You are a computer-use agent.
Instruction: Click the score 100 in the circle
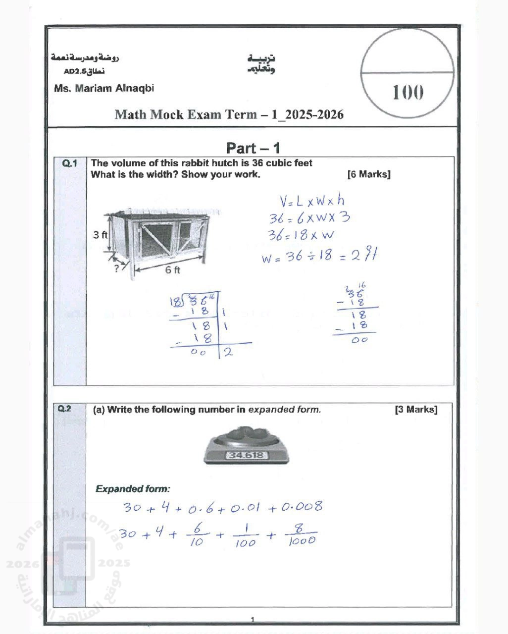(407, 92)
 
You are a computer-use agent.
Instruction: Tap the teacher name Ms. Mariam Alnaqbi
(104, 89)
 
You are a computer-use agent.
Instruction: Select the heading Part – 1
(253, 148)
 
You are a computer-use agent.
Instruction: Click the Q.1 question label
(70, 163)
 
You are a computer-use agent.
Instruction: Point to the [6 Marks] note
(369, 174)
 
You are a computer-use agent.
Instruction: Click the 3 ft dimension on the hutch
(100, 235)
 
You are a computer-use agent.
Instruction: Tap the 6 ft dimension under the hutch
(173, 270)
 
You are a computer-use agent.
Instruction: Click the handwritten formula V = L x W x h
(312, 201)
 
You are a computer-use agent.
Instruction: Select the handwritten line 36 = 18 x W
(301, 235)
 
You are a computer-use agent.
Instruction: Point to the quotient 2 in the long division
(228, 352)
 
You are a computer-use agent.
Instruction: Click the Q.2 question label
(65, 409)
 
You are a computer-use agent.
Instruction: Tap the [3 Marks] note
(416, 410)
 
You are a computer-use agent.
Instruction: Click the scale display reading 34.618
(246, 455)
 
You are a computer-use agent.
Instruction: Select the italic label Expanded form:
(133, 489)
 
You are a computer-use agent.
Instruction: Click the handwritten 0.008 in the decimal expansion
(302, 507)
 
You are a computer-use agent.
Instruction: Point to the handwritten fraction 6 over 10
(197, 535)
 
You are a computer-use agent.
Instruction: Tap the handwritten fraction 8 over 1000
(301, 534)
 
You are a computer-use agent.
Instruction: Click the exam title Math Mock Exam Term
(229, 115)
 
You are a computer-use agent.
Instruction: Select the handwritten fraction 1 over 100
(245, 536)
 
